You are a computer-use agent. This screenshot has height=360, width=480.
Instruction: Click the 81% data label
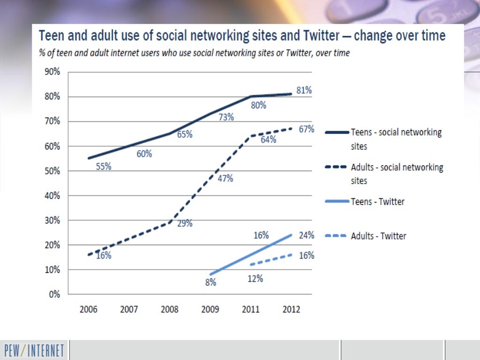pyautogui.click(x=304, y=90)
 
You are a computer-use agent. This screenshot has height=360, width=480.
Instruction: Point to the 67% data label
pyautogui.click(x=307, y=129)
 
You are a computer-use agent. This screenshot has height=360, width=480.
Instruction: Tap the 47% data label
pyautogui.click(x=225, y=178)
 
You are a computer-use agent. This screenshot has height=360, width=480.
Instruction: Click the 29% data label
pyautogui.click(x=185, y=223)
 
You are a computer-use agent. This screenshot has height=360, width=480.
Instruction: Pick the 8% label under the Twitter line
pyautogui.click(x=210, y=282)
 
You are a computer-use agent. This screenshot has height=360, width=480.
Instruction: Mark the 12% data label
pyautogui.click(x=255, y=278)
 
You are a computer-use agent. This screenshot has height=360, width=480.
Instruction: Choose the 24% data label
pyautogui.click(x=307, y=235)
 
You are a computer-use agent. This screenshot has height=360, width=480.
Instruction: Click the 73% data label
pyautogui.click(x=226, y=117)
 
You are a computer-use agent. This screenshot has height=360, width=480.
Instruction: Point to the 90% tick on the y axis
pyautogui.click(x=52, y=72)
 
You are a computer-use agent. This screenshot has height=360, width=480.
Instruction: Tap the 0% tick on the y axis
pyautogui.click(x=54, y=294)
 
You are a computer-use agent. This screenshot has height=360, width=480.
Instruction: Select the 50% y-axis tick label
pyautogui.click(x=52, y=171)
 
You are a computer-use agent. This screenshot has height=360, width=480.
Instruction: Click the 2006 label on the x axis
pyautogui.click(x=89, y=310)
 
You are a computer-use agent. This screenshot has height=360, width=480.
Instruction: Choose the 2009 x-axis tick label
pyautogui.click(x=210, y=310)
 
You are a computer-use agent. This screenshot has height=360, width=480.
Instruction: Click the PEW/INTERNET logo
pyautogui.click(x=35, y=350)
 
